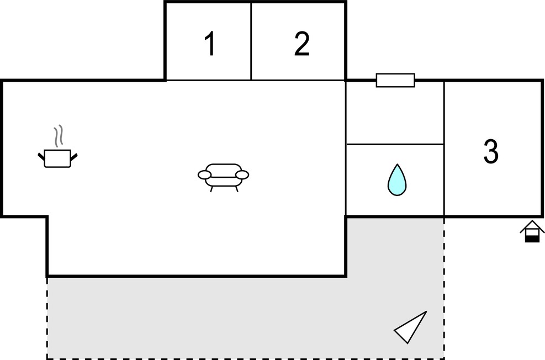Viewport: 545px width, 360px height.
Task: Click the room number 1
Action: (210, 44)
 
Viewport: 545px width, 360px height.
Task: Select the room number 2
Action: (301, 44)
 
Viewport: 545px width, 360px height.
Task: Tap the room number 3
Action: (491, 151)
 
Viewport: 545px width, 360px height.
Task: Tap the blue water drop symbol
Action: (396, 179)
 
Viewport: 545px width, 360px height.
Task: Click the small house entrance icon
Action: (532, 231)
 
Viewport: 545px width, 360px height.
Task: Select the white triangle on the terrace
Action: (412, 327)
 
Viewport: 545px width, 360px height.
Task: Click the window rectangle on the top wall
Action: (395, 80)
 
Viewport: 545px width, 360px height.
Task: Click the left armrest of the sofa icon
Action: (205, 175)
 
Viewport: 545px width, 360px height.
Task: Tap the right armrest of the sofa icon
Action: (242, 175)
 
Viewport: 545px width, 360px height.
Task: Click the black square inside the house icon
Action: (532, 239)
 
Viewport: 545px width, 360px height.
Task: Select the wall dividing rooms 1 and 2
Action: (251, 41)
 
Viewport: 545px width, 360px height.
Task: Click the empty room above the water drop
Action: (395, 112)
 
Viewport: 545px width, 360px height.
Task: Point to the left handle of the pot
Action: (41, 156)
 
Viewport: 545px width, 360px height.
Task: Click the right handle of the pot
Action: (74, 157)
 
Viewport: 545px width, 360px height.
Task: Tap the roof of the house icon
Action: (532, 226)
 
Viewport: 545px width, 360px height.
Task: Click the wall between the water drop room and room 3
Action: (444, 149)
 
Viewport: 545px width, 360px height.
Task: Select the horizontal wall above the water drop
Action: (395, 144)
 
